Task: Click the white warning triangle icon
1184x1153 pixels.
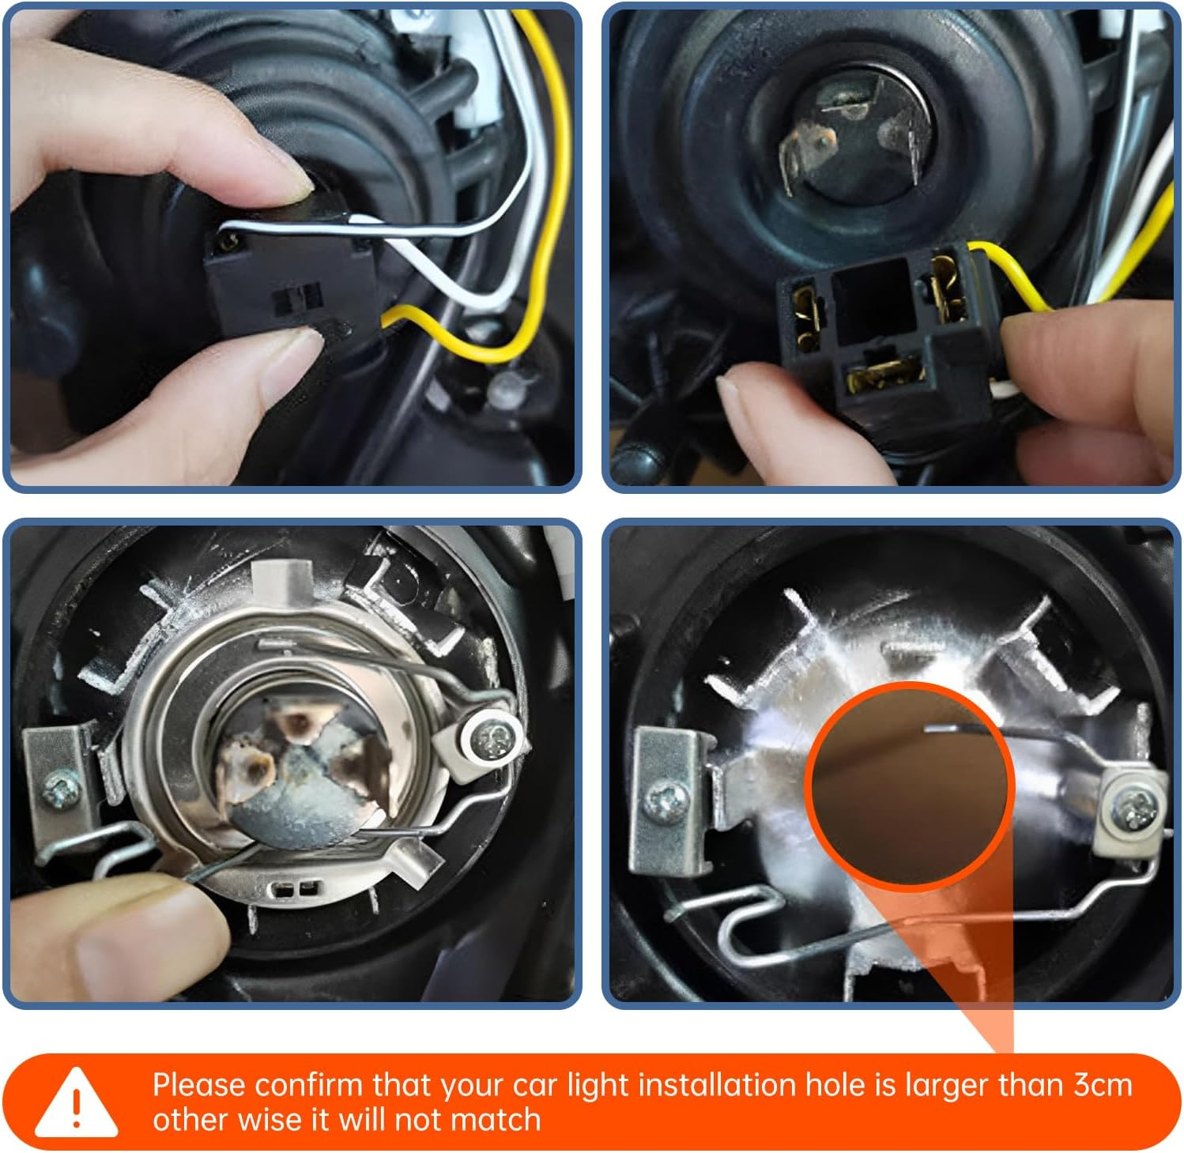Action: (x=76, y=1102)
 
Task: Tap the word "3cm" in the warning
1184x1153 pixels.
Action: (x=1103, y=1085)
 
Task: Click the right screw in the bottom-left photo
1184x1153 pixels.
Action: (x=491, y=740)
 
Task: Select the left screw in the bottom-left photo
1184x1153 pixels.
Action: (x=58, y=790)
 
